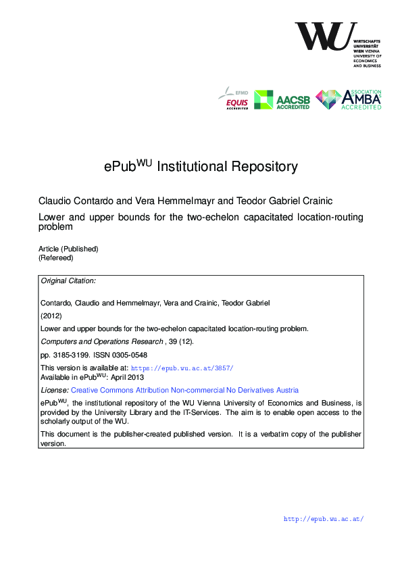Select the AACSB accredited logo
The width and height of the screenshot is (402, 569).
coord(282,100)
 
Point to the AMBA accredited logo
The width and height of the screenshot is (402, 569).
coord(349,99)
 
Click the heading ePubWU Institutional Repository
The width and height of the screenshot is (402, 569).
coord(201,166)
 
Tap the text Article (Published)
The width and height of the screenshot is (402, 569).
coord(68,249)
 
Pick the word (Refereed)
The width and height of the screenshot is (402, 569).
coord(55,257)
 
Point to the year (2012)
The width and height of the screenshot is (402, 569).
coord(52,315)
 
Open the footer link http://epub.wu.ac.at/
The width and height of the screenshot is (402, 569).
coord(324,519)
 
